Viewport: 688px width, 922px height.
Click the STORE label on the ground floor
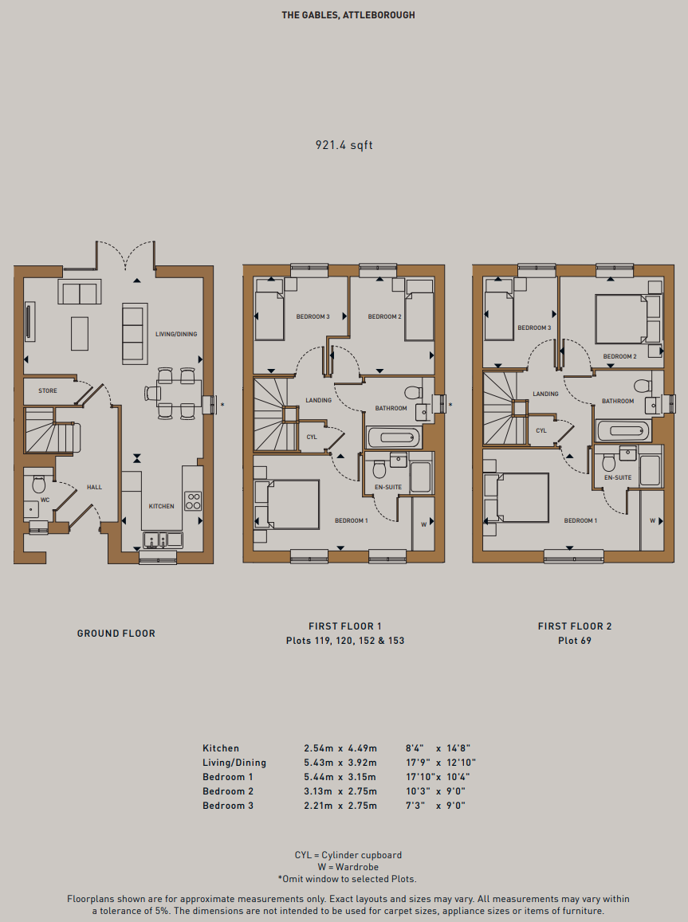pyautogui.click(x=48, y=390)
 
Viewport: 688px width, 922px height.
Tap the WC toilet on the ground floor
pyautogui.click(x=39, y=484)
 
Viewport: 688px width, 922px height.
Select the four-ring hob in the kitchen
pyautogui.click(x=194, y=501)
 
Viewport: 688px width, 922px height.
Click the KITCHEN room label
pyautogui.click(x=161, y=506)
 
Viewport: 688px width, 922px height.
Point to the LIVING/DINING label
pyautogui.click(x=176, y=334)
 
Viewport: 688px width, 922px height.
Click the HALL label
pyautogui.click(x=94, y=487)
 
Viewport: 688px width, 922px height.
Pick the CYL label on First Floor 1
pyautogui.click(x=312, y=437)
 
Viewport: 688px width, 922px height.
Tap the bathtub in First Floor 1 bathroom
pyautogui.click(x=394, y=437)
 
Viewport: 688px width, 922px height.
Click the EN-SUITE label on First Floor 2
pyautogui.click(x=618, y=477)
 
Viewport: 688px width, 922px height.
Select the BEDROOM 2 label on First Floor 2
pyautogui.click(x=619, y=356)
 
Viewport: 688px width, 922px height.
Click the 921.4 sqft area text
pyautogui.click(x=344, y=145)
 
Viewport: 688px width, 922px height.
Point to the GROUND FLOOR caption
pyautogui.click(x=116, y=634)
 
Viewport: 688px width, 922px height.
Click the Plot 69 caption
pyautogui.click(x=575, y=641)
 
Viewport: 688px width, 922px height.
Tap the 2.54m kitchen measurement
pyautogui.click(x=319, y=748)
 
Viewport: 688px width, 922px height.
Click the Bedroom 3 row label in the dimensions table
pyautogui.click(x=228, y=806)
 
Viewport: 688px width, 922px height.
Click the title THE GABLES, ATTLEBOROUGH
pyautogui.click(x=348, y=15)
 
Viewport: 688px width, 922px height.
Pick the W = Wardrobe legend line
pyautogui.click(x=348, y=867)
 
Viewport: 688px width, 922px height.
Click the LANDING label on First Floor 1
pyautogui.click(x=319, y=400)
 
